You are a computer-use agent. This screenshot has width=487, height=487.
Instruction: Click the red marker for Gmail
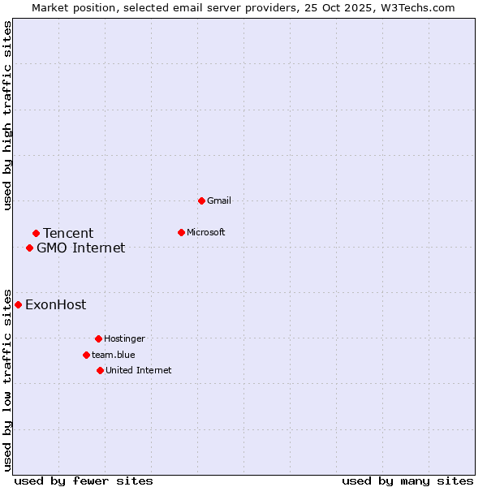(201, 200)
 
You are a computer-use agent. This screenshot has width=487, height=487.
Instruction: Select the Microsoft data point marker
(182, 232)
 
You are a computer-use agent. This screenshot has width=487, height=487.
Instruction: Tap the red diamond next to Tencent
(36, 234)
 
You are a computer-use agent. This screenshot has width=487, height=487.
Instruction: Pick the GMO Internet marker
(29, 248)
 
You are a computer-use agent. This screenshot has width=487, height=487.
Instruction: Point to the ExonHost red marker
(18, 304)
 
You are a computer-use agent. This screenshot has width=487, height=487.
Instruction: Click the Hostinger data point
(98, 338)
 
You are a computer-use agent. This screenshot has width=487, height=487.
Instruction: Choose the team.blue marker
(86, 355)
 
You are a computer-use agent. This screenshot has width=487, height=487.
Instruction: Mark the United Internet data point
(100, 370)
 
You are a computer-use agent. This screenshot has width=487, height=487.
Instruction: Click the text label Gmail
(219, 200)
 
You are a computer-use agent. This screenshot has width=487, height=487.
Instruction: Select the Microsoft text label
(206, 232)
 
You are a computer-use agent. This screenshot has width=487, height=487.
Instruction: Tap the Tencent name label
(68, 234)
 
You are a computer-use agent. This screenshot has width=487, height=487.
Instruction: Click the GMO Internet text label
(81, 248)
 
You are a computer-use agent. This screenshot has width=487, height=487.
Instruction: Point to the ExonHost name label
(55, 305)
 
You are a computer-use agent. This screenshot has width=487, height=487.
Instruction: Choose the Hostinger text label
(124, 338)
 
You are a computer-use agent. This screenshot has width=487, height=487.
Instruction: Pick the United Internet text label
(138, 370)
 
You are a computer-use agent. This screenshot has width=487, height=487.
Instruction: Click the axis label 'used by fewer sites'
(84, 481)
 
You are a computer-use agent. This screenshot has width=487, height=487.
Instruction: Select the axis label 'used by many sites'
(407, 481)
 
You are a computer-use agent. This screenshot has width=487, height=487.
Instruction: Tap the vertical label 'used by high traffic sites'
(7, 115)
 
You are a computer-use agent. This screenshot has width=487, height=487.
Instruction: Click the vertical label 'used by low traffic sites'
(7, 379)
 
